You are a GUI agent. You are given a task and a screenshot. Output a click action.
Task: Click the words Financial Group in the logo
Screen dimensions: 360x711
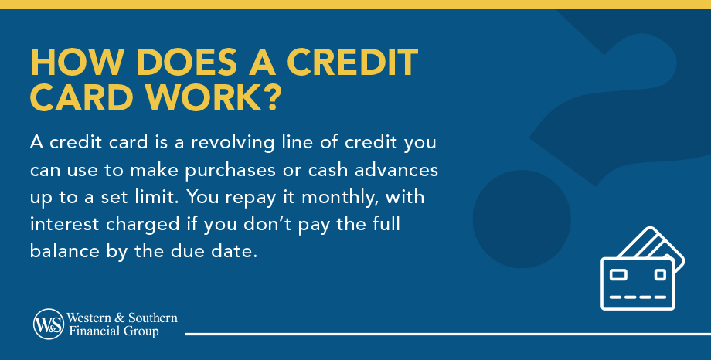[x=113, y=331]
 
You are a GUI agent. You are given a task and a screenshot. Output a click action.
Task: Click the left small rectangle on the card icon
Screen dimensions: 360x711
[x=619, y=274]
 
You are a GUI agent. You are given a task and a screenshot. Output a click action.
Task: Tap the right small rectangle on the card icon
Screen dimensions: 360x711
[x=659, y=274]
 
